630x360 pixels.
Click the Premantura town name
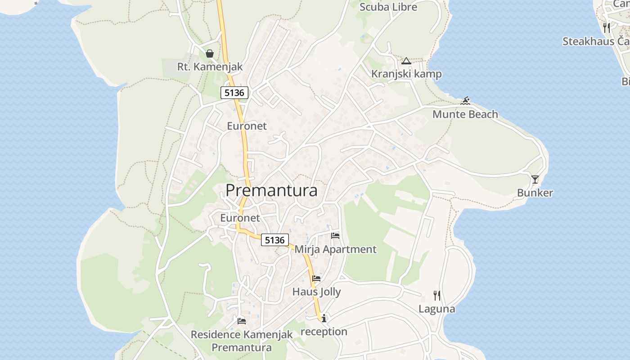[x=271, y=190]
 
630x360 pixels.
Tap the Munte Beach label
[x=465, y=114]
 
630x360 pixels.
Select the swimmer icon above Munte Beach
[x=466, y=101]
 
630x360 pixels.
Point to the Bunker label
[x=535, y=193]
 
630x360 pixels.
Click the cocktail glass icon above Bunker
[x=535, y=180]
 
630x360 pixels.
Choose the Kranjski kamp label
[x=406, y=74]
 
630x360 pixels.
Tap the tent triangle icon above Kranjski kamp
[x=406, y=61]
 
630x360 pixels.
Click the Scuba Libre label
[x=388, y=7]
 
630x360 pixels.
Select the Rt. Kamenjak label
[x=210, y=67]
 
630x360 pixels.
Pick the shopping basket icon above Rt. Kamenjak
[x=210, y=54]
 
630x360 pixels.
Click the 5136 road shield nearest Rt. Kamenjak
[x=234, y=93]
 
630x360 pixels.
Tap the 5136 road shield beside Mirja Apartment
[x=275, y=240]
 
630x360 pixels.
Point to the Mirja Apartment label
[x=335, y=249]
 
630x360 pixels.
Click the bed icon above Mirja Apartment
[x=335, y=235]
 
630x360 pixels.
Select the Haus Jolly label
[x=316, y=292]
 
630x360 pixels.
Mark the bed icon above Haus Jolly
[x=316, y=279]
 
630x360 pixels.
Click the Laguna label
[x=436, y=309]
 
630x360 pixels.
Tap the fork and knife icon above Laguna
[x=436, y=296]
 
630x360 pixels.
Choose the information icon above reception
[x=324, y=318]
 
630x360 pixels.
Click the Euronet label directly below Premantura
[x=240, y=218]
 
